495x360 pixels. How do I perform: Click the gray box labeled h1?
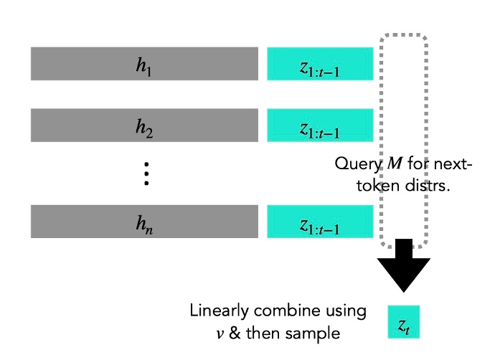coord(144,64)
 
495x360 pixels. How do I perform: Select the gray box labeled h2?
coord(144,125)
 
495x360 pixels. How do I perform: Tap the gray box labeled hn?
coord(144,222)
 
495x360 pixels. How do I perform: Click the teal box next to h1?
coord(320,64)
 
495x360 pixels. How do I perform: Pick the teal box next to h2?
coord(320,125)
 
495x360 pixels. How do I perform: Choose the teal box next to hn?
coord(320,222)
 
